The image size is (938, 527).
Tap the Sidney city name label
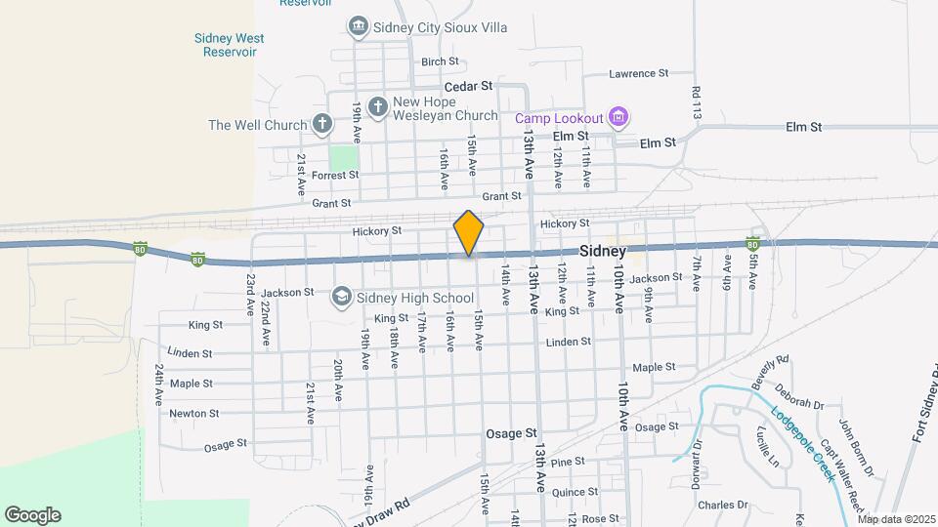[603, 251]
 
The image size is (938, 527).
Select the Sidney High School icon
[342, 297]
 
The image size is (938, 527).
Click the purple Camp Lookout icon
[617, 118]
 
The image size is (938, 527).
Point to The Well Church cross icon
[321, 124]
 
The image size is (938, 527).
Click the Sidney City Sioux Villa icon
[358, 26]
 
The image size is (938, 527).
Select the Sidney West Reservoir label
[230, 45]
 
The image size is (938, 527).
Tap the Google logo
[32, 515]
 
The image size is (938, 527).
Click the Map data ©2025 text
[896, 519]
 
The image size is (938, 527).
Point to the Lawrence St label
[638, 73]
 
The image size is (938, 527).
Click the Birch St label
[434, 61]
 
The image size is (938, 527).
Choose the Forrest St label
[335, 175]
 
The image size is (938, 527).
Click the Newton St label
[193, 413]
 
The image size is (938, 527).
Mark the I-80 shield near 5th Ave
[753, 242]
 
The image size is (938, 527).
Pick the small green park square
[343, 157]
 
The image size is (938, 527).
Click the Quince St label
[575, 493]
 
